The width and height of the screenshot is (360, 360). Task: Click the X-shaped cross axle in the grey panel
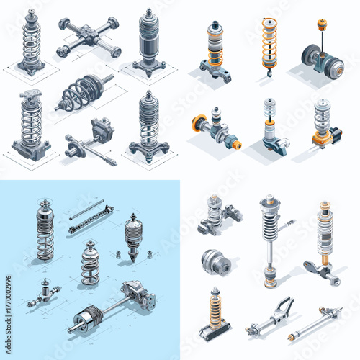click(89, 37)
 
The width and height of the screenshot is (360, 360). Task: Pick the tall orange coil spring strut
click(269, 45)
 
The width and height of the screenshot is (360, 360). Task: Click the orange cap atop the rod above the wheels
click(320, 23)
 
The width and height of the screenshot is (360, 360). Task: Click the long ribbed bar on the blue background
click(91, 219)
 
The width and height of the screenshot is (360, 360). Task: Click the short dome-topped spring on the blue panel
click(90, 263)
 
